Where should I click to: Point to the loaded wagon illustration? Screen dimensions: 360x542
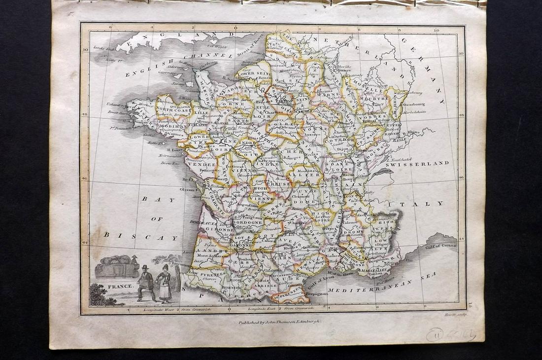[x=116, y=266]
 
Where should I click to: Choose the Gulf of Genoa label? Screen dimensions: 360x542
[x=442, y=246]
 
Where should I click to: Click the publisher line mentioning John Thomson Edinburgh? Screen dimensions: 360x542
[x=279, y=321]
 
